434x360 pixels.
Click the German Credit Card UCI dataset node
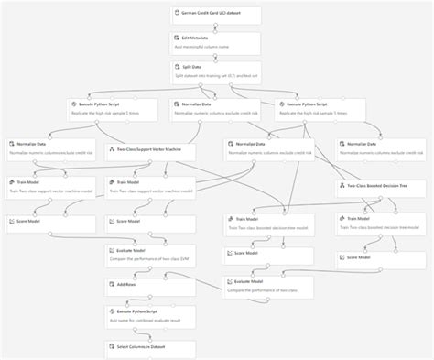216,14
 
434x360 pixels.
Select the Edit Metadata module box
216,43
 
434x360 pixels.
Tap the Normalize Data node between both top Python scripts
215,109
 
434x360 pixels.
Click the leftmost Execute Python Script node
111,109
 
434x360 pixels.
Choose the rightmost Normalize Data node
380,149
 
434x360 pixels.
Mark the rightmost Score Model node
380,257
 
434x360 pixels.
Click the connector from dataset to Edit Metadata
216,27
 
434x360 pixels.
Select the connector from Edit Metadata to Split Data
216,58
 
